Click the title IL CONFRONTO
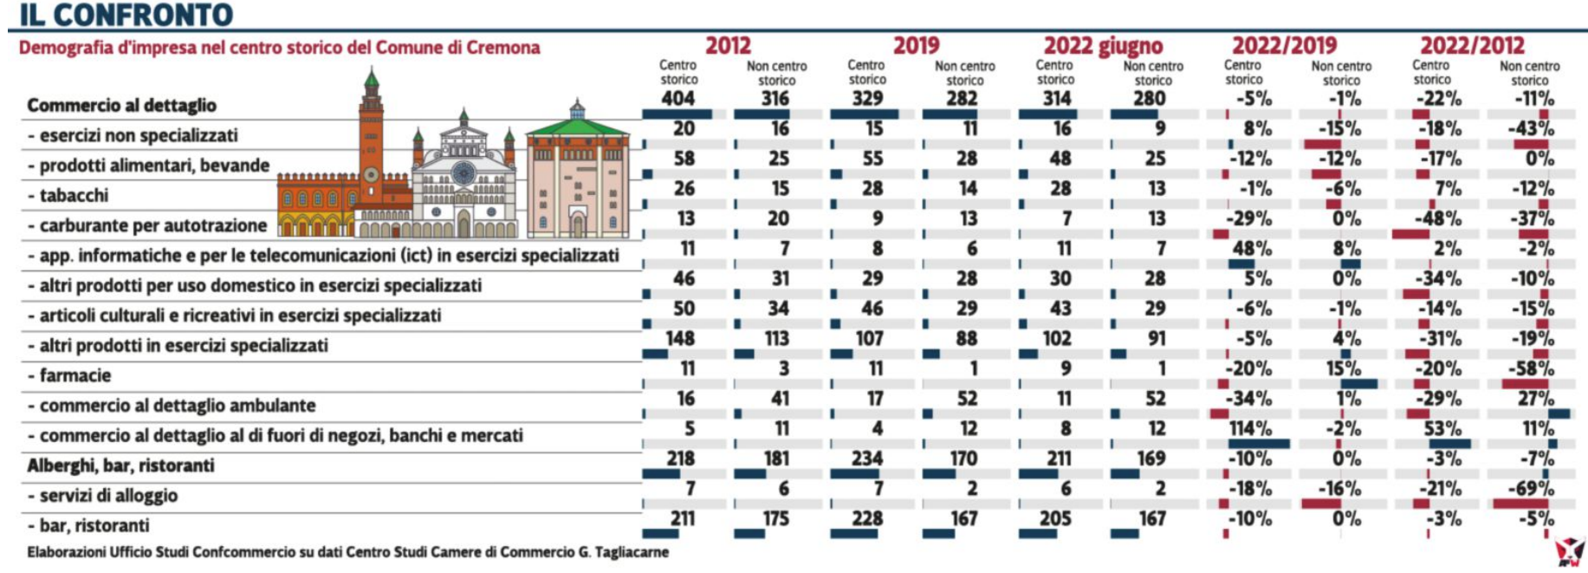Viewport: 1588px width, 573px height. [126, 15]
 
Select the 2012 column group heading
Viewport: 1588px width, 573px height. [728, 45]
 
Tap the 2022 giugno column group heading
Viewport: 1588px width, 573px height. [1102, 45]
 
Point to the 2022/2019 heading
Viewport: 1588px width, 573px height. [1284, 45]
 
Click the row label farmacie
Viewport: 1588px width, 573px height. [75, 375]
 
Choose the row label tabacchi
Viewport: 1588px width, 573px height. [74, 195]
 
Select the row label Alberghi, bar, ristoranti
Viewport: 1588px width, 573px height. [120, 466]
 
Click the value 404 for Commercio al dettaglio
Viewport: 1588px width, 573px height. [677, 98]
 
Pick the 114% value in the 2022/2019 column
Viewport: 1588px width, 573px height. [1250, 428]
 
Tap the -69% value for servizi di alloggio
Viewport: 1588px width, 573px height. [1530, 488]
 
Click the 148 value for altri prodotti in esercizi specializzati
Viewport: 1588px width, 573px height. [680, 338]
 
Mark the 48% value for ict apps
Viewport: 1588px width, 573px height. [1252, 248]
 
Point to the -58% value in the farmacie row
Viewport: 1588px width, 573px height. [1531, 368]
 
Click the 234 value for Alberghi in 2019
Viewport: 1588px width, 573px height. [866, 459]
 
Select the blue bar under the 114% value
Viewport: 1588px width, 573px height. [1258, 444]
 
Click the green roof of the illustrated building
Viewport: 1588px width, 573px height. [577, 128]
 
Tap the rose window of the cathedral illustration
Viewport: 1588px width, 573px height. [463, 172]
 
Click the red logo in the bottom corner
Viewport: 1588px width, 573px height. [1569, 551]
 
